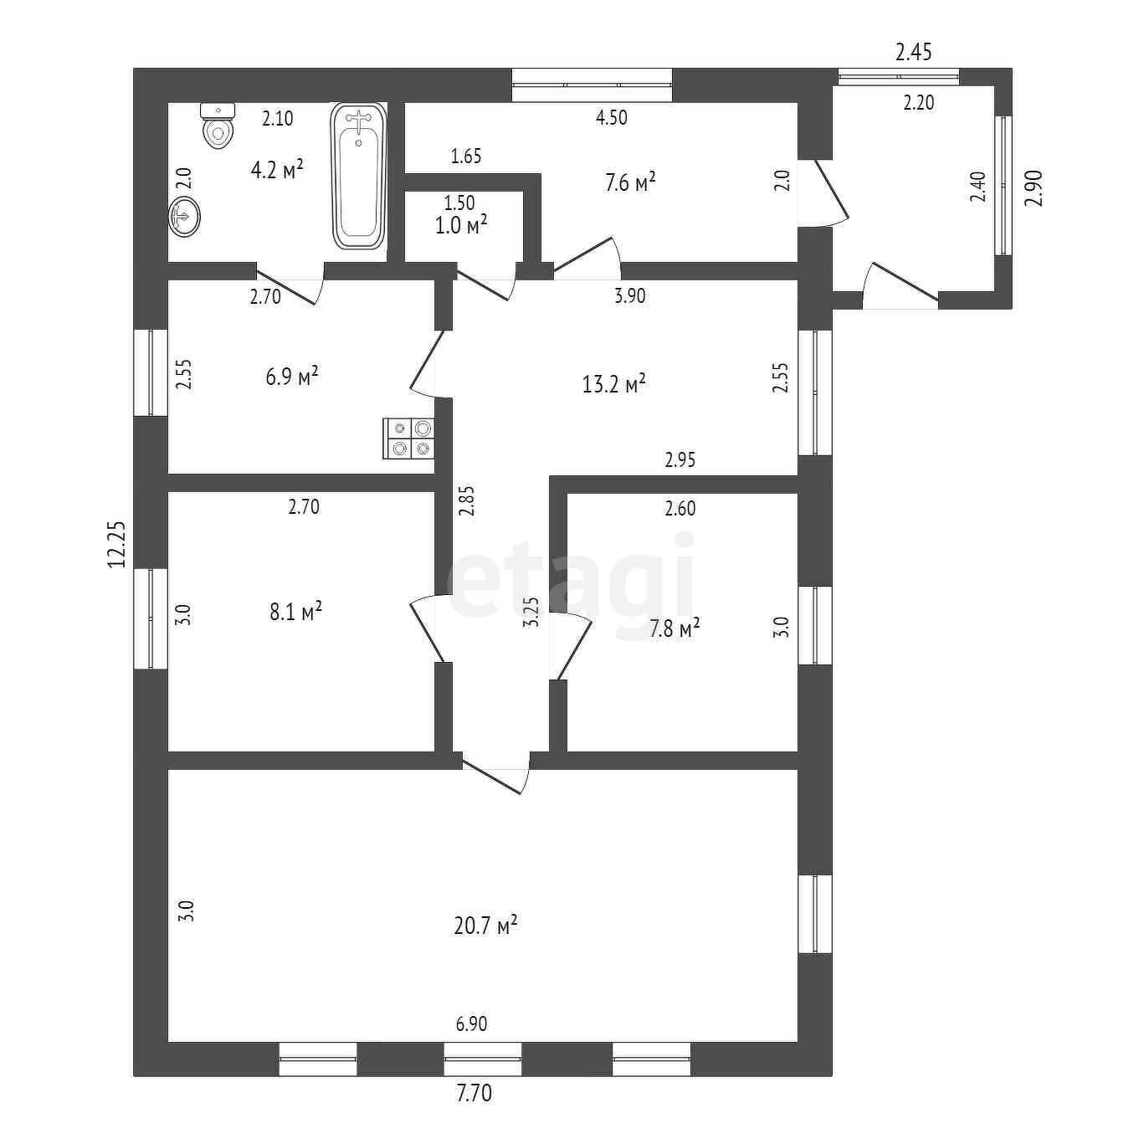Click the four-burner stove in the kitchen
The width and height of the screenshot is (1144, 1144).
coord(409,439)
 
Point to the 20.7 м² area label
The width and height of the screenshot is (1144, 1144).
coord(485,926)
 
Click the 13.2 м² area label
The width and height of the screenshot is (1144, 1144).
coord(613,384)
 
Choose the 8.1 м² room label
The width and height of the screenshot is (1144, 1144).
coord(295,612)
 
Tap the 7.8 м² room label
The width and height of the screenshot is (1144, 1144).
coord(675,628)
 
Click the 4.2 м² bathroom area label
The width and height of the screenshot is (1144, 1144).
coord(277,171)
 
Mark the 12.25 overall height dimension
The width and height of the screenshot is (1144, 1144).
coord(117,545)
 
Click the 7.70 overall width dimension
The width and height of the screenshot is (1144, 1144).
coord(474,1093)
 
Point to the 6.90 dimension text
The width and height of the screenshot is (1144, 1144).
coord(471,1023)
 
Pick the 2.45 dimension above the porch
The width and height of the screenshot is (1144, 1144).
coord(913,53)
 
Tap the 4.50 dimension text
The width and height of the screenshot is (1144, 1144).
coord(611,118)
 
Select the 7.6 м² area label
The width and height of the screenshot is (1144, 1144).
coord(630,182)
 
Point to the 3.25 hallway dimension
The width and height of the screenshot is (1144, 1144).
coord(531,611)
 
